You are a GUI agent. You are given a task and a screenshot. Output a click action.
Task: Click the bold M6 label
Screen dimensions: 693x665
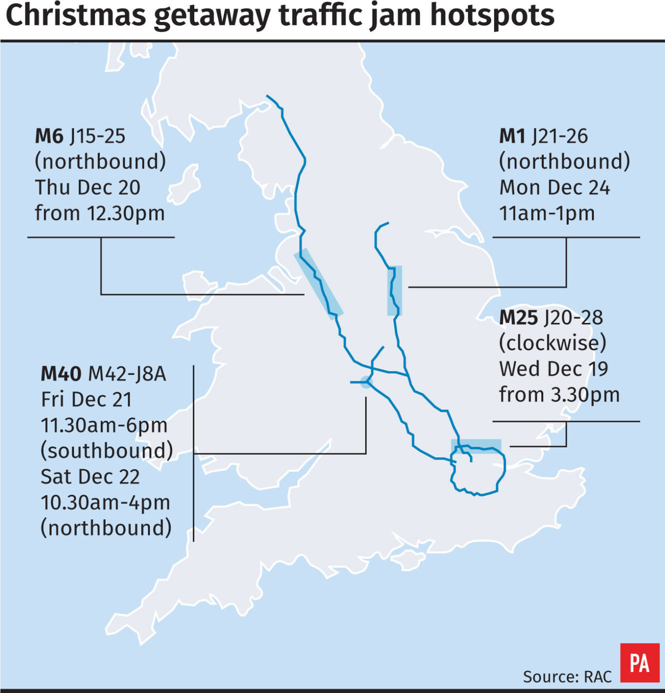tap(49, 136)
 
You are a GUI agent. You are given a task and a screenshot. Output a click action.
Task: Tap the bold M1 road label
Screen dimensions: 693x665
tap(512, 136)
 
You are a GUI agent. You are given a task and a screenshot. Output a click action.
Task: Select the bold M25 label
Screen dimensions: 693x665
tap(518, 318)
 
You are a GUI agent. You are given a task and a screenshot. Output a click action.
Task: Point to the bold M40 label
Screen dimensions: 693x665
tap(61, 373)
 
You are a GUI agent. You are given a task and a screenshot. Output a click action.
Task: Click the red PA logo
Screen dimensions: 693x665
tap(639, 663)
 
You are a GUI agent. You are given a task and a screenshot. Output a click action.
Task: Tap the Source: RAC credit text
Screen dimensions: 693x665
tap(567, 676)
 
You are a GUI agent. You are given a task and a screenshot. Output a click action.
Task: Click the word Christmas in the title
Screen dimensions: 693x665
tap(76, 16)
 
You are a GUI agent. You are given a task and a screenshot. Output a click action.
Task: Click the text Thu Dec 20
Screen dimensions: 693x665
tap(88, 188)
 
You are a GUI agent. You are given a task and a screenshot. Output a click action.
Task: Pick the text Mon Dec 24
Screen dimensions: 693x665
tap(554, 188)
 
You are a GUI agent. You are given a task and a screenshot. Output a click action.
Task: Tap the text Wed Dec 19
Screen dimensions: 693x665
tap(554, 369)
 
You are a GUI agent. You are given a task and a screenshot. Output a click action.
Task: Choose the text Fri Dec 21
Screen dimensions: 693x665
tap(87, 400)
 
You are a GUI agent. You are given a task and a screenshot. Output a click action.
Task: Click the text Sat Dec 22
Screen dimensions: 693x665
tap(90, 477)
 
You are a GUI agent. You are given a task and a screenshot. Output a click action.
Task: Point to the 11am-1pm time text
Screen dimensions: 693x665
tap(547, 213)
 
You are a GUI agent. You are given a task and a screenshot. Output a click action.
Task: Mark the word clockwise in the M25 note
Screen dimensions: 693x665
tap(553, 343)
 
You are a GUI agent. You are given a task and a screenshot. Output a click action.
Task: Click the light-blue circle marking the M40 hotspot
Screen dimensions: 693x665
tap(366, 382)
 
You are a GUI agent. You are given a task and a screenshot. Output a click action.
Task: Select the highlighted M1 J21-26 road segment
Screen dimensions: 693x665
tap(394, 290)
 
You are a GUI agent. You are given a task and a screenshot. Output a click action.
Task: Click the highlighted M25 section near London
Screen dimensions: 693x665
tap(476, 445)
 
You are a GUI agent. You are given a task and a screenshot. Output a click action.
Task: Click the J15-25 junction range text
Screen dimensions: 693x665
tap(98, 136)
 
